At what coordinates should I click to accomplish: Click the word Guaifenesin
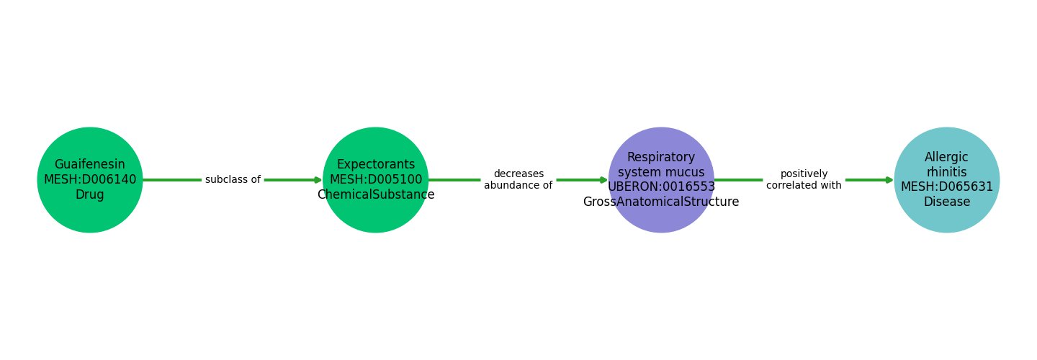[90, 165]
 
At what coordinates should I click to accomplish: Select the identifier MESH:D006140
[90, 180]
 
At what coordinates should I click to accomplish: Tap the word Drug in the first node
[90, 195]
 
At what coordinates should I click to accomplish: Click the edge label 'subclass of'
[233, 180]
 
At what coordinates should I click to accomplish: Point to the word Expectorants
[376, 165]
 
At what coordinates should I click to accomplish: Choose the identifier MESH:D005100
[376, 180]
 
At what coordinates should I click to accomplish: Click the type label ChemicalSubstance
[376, 195]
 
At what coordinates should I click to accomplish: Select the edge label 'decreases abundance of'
[518, 180]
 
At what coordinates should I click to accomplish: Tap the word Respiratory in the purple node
[661, 158]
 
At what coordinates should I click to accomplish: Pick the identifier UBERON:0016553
[661, 187]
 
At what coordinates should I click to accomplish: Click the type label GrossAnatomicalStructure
[661, 202]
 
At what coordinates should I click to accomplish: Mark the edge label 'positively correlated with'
[804, 180]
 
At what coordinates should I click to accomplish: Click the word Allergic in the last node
[947, 158]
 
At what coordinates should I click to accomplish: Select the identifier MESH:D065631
[947, 187]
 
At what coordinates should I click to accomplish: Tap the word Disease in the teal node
[947, 202]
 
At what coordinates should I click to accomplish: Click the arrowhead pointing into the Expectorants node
[318, 180]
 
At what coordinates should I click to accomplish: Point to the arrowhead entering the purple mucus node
[604, 180]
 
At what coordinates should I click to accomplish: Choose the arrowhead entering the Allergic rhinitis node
[890, 180]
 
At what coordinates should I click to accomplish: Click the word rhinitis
[947, 173]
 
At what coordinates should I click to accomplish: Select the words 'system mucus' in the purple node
[661, 173]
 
